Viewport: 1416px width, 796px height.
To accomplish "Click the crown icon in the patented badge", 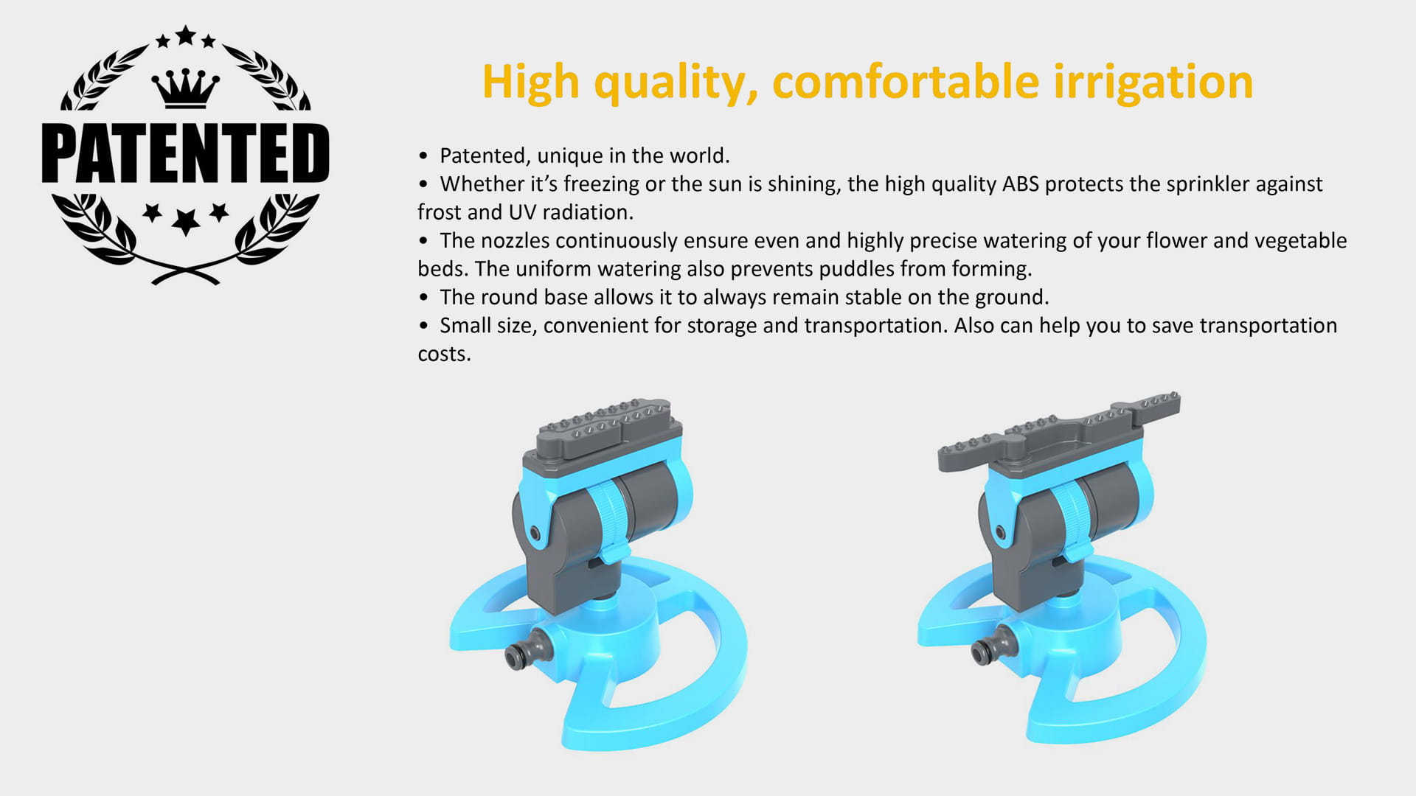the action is [x=185, y=88].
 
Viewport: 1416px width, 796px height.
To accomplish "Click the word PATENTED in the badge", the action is [x=185, y=153].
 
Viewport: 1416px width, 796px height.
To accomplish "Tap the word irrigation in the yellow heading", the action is [x=1153, y=82].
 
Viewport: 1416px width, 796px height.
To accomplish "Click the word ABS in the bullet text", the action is [x=1020, y=184].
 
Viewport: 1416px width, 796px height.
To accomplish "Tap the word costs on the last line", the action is [x=443, y=355].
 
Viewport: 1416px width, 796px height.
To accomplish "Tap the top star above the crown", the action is [x=185, y=35].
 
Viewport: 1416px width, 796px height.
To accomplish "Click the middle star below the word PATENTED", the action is [x=185, y=221].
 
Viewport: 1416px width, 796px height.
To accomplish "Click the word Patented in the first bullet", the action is [x=484, y=156].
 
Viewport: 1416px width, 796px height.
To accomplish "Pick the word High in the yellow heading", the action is [x=530, y=82].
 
